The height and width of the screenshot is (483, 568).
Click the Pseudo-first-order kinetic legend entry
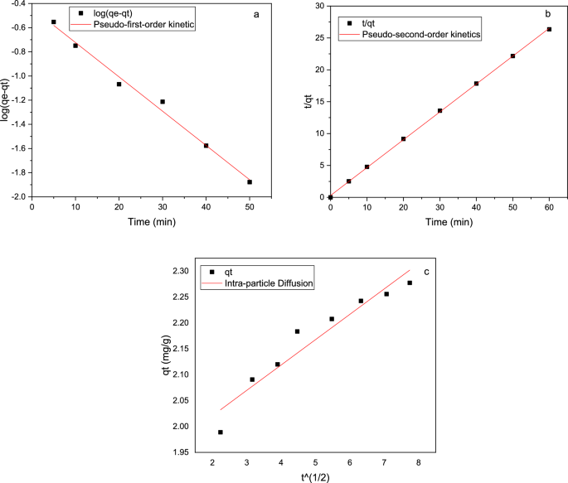145,25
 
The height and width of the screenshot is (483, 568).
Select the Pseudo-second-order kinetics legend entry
425,34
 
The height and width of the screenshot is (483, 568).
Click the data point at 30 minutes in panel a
163,102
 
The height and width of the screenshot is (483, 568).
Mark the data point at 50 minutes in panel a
250,181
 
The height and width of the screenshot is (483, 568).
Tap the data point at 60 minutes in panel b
549,29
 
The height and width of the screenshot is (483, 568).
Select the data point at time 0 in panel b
330,197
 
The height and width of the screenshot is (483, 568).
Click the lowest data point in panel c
221,432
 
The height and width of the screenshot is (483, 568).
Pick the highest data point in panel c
410,283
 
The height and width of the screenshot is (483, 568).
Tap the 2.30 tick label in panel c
179,271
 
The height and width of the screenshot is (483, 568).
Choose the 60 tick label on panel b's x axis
549,208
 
